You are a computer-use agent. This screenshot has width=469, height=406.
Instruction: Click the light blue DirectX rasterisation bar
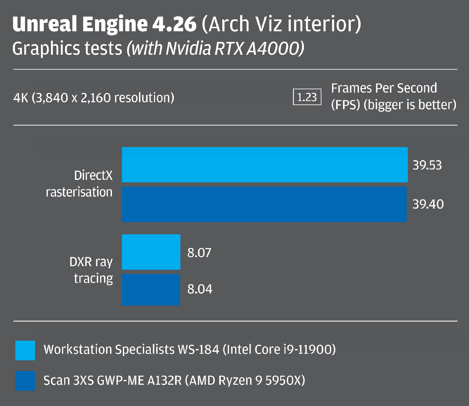(265, 165)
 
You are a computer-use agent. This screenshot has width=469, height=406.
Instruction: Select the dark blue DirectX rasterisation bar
(264, 204)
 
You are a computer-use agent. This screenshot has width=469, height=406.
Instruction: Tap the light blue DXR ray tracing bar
(151, 252)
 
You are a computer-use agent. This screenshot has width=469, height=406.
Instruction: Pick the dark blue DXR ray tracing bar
(151, 289)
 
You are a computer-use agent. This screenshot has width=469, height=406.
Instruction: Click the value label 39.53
(427, 165)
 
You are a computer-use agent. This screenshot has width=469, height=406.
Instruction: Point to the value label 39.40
(428, 204)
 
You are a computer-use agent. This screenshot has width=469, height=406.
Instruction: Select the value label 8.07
(199, 253)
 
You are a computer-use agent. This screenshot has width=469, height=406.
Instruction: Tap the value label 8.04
(199, 289)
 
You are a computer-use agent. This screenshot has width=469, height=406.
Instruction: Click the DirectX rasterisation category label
(79, 184)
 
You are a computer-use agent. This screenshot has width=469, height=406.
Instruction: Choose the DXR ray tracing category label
(91, 270)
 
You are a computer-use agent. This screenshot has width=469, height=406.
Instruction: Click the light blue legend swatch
(25, 350)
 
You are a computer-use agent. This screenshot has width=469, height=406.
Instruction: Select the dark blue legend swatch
(25, 381)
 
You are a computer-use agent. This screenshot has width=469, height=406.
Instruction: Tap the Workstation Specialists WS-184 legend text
(189, 349)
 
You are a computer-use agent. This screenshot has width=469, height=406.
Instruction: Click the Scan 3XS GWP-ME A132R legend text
(174, 380)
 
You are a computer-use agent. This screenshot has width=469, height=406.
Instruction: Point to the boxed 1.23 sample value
(307, 97)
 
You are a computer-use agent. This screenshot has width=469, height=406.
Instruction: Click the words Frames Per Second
(384, 89)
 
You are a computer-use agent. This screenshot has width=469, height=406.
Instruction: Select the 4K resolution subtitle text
(93, 98)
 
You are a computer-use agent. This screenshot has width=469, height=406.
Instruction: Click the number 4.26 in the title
(174, 24)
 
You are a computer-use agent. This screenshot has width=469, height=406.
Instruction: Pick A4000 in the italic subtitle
(275, 49)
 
